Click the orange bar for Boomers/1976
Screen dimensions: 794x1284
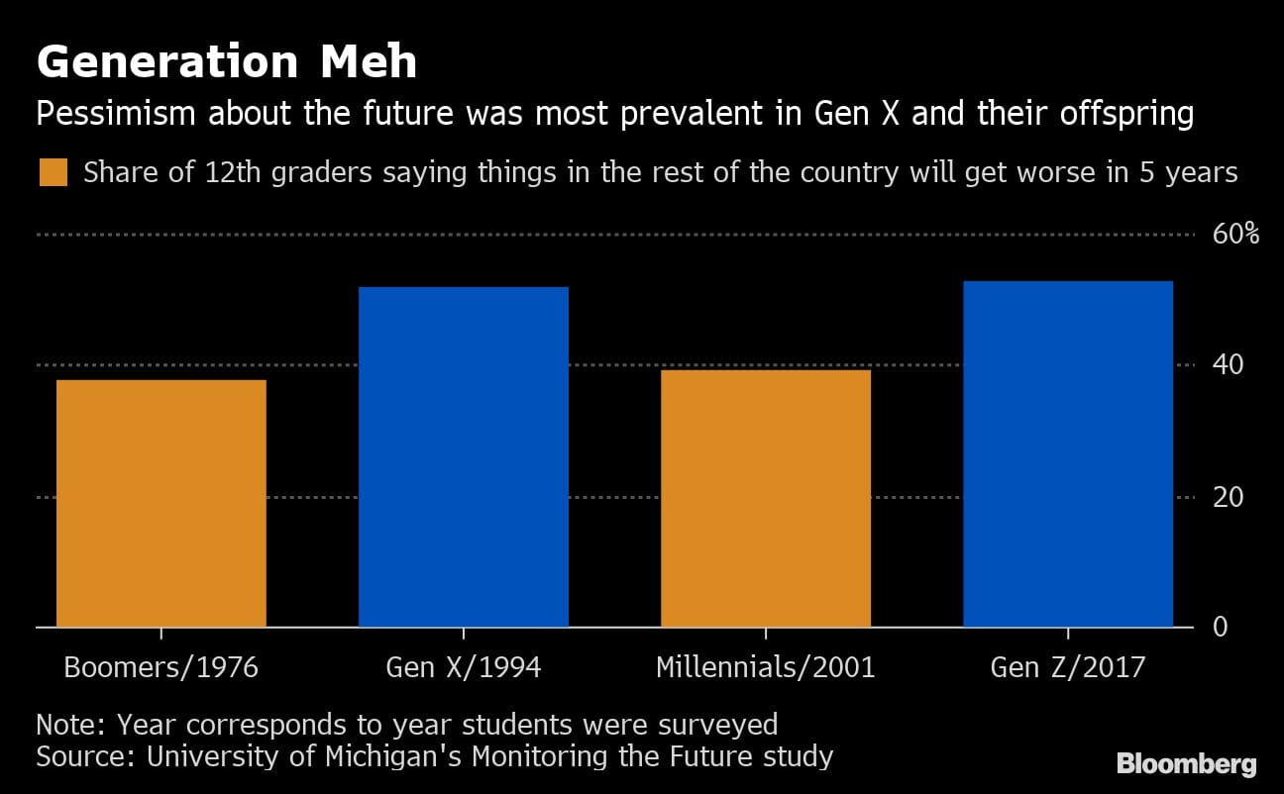coord(161,503)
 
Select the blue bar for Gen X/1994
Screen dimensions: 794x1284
coord(464,456)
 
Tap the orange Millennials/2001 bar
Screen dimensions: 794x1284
coord(766,498)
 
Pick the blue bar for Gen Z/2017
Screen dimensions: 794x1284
coord(1068,453)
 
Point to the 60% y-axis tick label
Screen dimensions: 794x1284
coord(1235,235)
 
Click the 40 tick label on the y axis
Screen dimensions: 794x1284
coord(1229,365)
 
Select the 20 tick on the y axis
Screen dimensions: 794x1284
coord(1229,496)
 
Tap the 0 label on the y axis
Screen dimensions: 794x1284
coord(1222,627)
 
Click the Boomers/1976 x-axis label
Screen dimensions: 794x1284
coord(161,666)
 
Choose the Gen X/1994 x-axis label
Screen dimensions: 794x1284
coord(464,666)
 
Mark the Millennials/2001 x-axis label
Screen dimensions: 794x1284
coord(766,666)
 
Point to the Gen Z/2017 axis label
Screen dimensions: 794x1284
coord(1068,666)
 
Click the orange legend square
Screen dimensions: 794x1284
coord(53,173)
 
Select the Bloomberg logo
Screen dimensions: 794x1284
coord(1186,764)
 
